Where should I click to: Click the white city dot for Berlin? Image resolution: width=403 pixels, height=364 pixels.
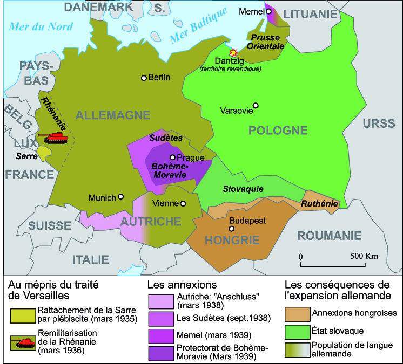click(x=144, y=78)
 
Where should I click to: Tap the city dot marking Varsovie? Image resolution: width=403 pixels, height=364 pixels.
click(x=256, y=106)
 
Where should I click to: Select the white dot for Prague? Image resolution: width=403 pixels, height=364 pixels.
click(x=172, y=157)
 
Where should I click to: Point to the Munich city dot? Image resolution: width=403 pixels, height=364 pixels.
click(x=121, y=197)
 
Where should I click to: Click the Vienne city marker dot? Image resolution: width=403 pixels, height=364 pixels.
click(x=184, y=203)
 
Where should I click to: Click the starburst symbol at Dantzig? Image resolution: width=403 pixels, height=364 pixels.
click(x=233, y=53)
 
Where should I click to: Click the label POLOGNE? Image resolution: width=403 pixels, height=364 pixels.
click(x=278, y=131)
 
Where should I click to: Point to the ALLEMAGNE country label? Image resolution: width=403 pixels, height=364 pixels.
click(x=105, y=115)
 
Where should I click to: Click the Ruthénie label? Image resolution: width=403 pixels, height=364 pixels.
click(x=319, y=204)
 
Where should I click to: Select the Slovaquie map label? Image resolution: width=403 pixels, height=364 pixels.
click(x=243, y=189)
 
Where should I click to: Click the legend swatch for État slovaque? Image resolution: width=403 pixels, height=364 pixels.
click(x=296, y=330)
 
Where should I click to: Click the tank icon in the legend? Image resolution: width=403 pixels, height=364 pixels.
click(x=23, y=341)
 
